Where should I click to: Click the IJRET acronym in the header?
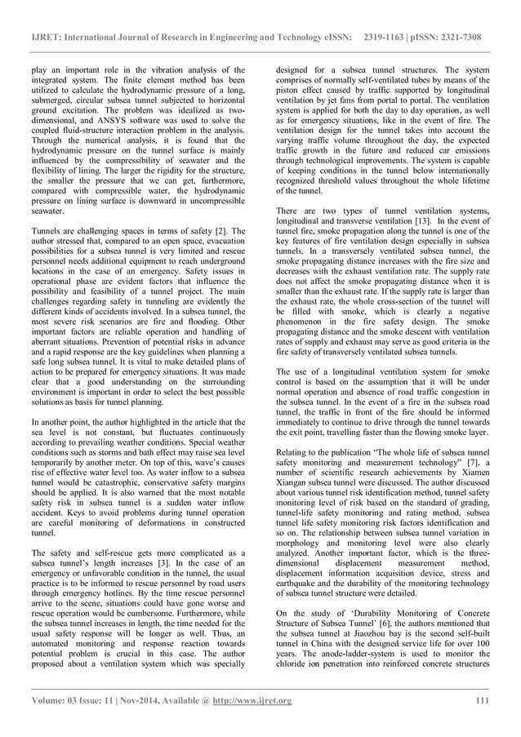pyautogui.click(x=43, y=16)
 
